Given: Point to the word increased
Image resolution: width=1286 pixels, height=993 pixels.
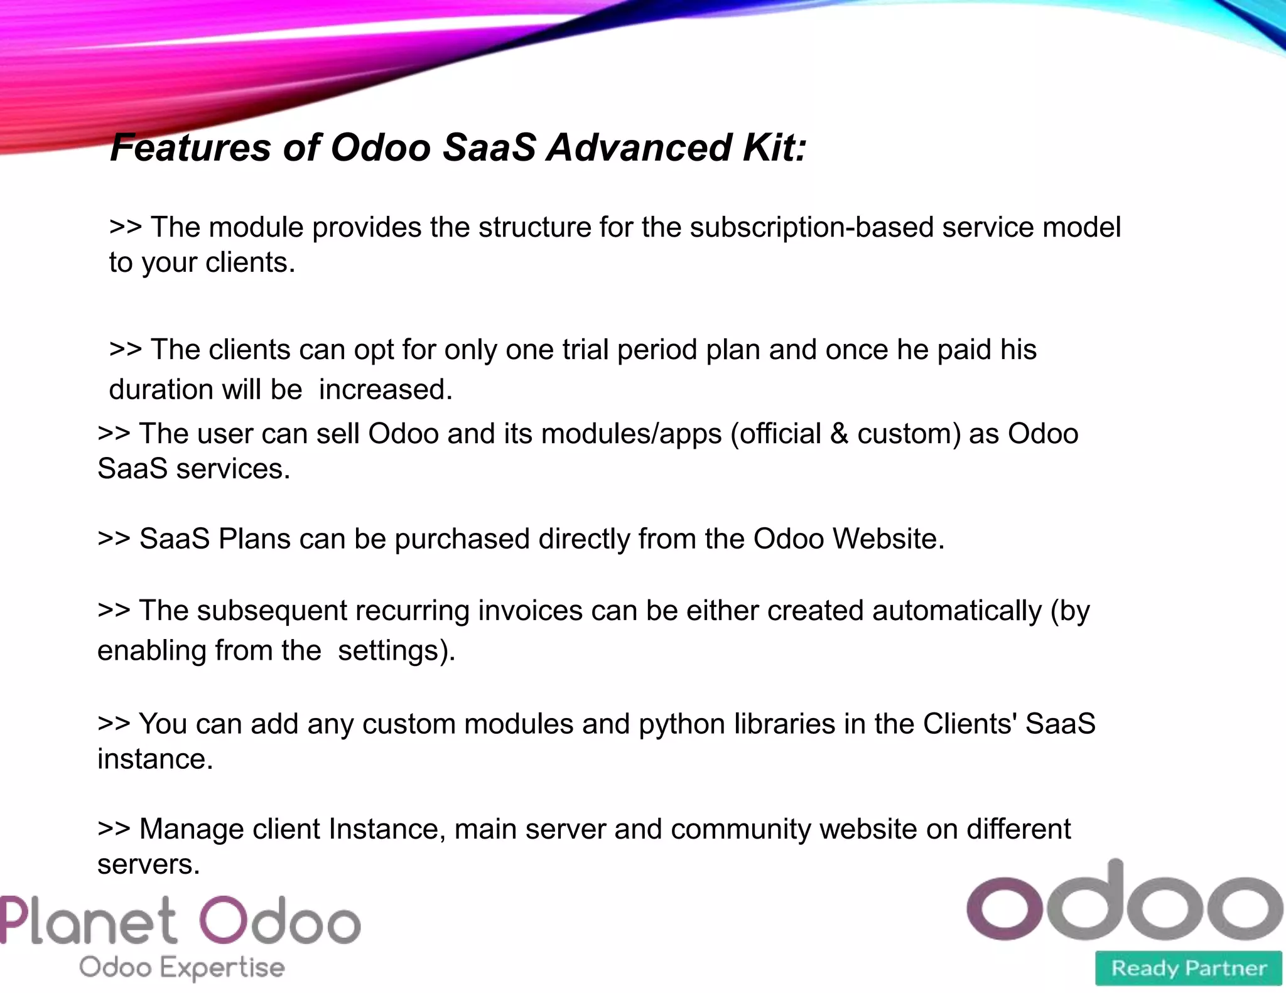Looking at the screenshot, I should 386,390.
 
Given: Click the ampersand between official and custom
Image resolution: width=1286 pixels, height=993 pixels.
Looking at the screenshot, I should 839,434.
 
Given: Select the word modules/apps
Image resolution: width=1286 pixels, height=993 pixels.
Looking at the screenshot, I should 631,434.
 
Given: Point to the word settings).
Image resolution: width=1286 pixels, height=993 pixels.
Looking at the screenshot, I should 396,651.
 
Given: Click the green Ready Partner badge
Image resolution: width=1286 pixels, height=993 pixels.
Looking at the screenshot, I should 1188,968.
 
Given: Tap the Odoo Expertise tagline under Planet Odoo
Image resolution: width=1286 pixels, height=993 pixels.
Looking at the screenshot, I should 182,967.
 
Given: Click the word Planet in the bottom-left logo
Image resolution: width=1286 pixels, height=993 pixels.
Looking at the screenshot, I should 88,921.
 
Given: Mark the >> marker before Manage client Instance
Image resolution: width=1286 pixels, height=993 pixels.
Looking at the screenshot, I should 114,829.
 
